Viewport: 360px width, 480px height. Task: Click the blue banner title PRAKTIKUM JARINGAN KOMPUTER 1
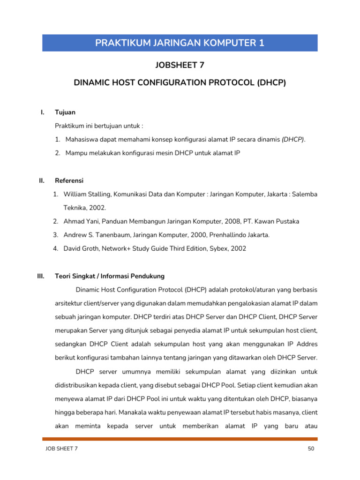[x=180, y=43]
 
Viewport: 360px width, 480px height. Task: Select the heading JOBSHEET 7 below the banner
[x=180, y=65]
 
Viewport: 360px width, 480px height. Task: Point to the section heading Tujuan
[x=65, y=112]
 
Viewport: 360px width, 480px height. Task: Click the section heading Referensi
[x=69, y=180]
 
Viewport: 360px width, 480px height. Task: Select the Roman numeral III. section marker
[x=41, y=276]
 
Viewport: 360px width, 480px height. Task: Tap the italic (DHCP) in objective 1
[x=292, y=140]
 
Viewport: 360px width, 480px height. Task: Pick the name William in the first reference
[x=75, y=194]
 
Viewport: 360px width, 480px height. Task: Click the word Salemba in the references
[x=305, y=194]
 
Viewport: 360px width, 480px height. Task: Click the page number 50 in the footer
[x=310, y=449]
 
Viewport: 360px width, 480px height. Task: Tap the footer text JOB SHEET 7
[x=61, y=449]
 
